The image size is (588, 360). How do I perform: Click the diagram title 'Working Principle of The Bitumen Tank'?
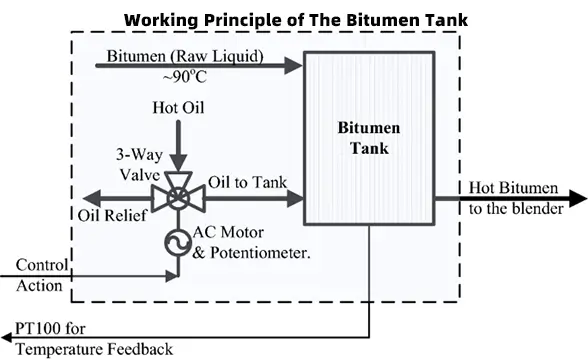[x=296, y=20]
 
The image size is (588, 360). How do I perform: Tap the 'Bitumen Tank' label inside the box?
[x=369, y=138]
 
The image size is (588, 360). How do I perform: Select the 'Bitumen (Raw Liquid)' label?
[x=185, y=56]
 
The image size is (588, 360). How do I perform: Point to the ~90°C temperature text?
[x=184, y=77]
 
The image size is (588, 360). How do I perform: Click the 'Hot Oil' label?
[x=178, y=108]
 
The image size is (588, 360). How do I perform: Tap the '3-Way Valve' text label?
[x=140, y=165]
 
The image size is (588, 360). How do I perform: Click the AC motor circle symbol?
[x=178, y=242]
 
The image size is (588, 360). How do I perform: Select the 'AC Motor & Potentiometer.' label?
[x=251, y=243]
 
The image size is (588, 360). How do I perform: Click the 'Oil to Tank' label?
[x=248, y=182]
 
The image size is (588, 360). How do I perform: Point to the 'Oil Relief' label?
[x=112, y=216]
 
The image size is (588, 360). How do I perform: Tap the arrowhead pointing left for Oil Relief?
[x=91, y=198]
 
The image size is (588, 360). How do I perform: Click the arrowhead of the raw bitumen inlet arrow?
[x=293, y=66]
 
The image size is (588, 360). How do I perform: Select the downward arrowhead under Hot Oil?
[x=178, y=164]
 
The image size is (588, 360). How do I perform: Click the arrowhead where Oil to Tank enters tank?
[x=295, y=198]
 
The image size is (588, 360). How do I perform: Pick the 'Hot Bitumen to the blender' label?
[x=516, y=198]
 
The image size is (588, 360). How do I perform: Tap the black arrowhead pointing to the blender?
[x=578, y=198]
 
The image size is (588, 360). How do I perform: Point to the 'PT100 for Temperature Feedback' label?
[x=94, y=339]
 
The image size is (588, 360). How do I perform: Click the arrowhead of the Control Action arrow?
[x=172, y=276]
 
